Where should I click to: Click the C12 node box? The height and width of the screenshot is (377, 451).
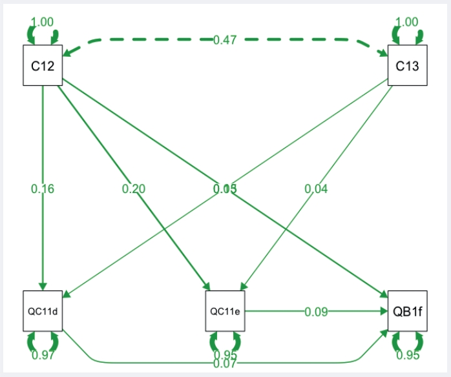click(43, 65)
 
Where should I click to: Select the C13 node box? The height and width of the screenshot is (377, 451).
click(407, 65)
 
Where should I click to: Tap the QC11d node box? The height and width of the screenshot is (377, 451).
click(43, 311)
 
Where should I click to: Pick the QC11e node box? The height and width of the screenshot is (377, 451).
click(225, 311)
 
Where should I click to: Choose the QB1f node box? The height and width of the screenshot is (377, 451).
click(407, 311)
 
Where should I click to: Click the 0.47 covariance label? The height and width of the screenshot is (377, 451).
click(225, 40)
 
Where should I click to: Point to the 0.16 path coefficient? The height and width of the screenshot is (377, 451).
click(43, 189)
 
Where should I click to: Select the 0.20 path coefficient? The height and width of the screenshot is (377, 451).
click(134, 189)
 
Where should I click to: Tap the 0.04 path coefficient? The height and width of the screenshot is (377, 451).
click(316, 189)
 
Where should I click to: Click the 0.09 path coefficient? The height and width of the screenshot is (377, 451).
click(316, 312)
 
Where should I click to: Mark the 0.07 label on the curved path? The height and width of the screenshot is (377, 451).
click(225, 363)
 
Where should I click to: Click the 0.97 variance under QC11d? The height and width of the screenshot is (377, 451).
click(43, 354)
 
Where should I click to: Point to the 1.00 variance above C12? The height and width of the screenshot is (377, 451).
click(43, 22)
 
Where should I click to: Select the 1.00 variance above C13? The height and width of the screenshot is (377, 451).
click(407, 22)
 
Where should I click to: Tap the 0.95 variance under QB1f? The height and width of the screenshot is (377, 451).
click(407, 354)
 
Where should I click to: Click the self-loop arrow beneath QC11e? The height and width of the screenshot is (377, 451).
click(225, 341)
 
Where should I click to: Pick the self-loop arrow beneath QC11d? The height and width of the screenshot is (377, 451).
click(43, 341)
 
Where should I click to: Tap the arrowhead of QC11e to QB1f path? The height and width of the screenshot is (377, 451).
click(383, 311)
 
